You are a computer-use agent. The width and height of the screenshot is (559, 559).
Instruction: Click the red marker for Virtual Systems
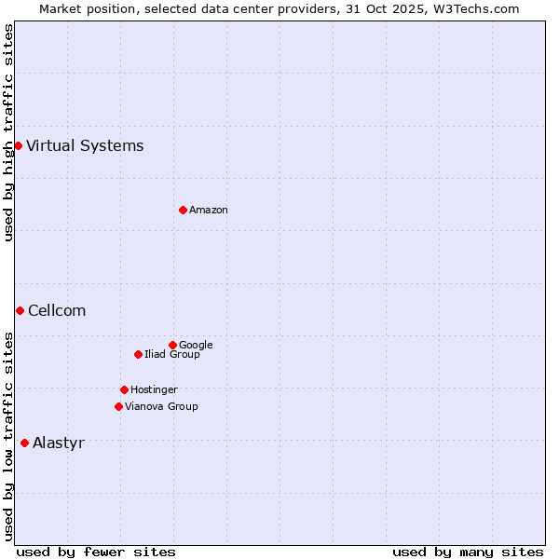tap(18, 145)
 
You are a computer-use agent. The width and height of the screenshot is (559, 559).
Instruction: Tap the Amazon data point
tap(183, 210)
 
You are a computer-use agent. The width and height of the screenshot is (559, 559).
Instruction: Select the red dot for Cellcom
tap(20, 310)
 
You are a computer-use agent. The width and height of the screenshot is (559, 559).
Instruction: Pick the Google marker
tap(172, 345)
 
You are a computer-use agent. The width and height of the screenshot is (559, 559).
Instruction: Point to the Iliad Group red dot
tap(138, 354)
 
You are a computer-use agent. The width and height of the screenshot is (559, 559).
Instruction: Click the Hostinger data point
tap(124, 389)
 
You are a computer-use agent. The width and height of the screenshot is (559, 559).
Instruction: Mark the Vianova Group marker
tap(118, 406)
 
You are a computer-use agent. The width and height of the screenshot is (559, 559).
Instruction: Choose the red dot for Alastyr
tap(24, 443)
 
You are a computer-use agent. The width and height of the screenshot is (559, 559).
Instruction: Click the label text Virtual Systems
tap(85, 145)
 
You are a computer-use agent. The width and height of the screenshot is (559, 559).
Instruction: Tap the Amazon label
tap(209, 211)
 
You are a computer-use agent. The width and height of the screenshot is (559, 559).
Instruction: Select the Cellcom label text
tap(57, 311)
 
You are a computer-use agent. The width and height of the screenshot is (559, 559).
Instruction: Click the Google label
tap(196, 346)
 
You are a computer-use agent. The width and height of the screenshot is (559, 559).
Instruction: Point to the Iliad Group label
tap(172, 355)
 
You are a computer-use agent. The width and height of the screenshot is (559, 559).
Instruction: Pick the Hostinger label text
tap(154, 390)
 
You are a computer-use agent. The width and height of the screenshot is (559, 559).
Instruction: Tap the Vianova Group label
tap(161, 407)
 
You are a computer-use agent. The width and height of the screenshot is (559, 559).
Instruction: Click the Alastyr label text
tap(58, 443)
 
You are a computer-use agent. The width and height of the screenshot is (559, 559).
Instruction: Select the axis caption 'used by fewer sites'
tap(96, 552)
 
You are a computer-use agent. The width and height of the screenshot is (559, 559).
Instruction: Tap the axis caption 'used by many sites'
tap(468, 552)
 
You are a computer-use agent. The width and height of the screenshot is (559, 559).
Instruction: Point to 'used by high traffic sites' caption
tap(8, 132)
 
